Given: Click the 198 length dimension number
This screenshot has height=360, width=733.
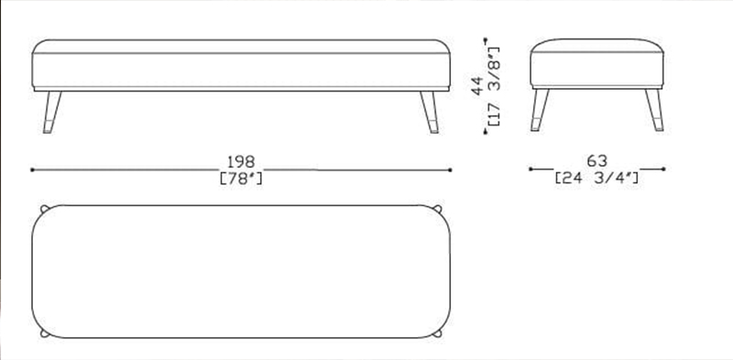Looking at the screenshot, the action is pyautogui.click(x=241, y=162).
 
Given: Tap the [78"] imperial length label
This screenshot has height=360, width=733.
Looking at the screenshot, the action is pyautogui.click(x=241, y=178).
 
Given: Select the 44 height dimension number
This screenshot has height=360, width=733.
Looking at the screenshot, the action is pyautogui.click(x=477, y=86).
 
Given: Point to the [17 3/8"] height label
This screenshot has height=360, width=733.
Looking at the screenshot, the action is pyautogui.click(x=494, y=86).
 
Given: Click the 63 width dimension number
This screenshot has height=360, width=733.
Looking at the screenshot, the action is pyautogui.click(x=597, y=161).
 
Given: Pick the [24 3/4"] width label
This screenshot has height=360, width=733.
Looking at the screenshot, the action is pyautogui.click(x=597, y=178).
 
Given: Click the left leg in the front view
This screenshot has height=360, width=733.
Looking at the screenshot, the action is pyautogui.click(x=51, y=112).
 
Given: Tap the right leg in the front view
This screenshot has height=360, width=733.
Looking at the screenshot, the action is pyautogui.click(x=430, y=112).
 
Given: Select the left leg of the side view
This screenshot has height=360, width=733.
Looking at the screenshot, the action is pyautogui.click(x=540, y=110).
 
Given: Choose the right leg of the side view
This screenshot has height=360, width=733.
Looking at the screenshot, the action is pyautogui.click(x=654, y=110).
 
